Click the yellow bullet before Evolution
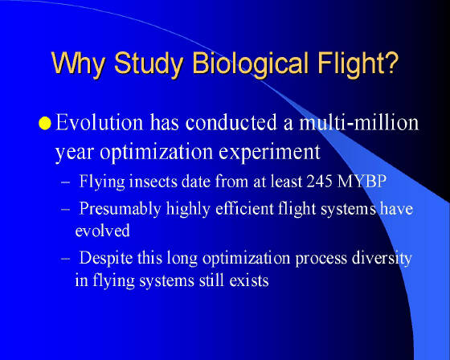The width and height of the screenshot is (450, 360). coord(45,123)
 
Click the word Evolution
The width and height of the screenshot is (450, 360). coord(99,123)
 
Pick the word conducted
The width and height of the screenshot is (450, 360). coord(231,123)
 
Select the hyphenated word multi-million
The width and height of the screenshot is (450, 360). coord(359,123)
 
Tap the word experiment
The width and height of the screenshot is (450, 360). coord(269,153)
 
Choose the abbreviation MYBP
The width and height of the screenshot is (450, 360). coord(362,182)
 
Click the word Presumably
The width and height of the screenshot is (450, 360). coord(120,210)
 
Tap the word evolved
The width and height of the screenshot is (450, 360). coord(103,231)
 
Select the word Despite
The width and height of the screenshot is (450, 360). coord(105,259)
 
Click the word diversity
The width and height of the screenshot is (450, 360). coord(382,259)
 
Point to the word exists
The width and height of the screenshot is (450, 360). coord(249,280)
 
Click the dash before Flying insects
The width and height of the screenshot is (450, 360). coord(65,182)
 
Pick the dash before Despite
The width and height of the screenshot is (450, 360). coord(65,259)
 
